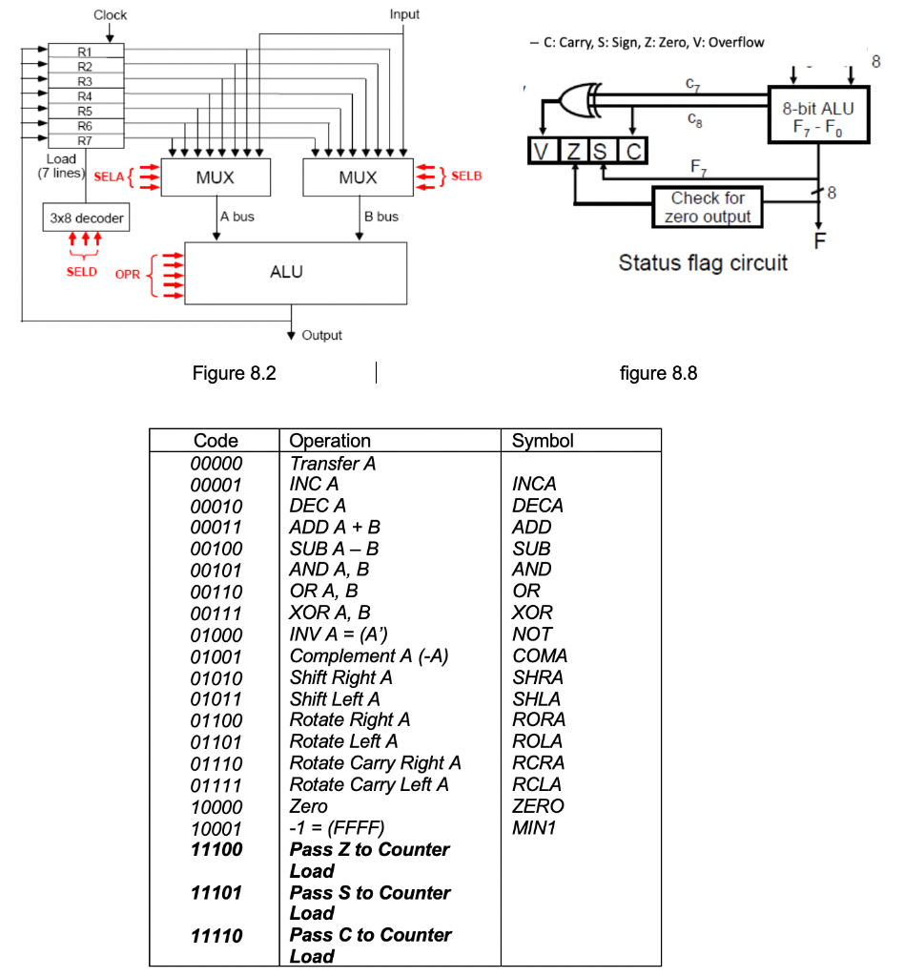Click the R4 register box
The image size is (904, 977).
tap(85, 95)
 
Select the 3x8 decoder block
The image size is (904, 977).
tap(86, 218)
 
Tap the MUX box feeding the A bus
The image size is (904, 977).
tap(216, 177)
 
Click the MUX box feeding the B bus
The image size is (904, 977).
tap(358, 177)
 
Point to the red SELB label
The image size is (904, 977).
tap(466, 177)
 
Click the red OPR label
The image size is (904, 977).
tap(128, 274)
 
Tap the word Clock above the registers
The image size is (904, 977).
tap(110, 15)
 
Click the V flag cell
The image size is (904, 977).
tap(541, 150)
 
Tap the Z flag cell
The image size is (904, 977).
tap(572, 150)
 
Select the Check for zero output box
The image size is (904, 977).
tap(707, 207)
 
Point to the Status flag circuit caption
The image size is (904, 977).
tap(703, 263)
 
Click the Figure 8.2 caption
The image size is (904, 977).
tap(234, 373)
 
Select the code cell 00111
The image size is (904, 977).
tap(216, 613)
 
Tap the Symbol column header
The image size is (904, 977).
tap(543, 441)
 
